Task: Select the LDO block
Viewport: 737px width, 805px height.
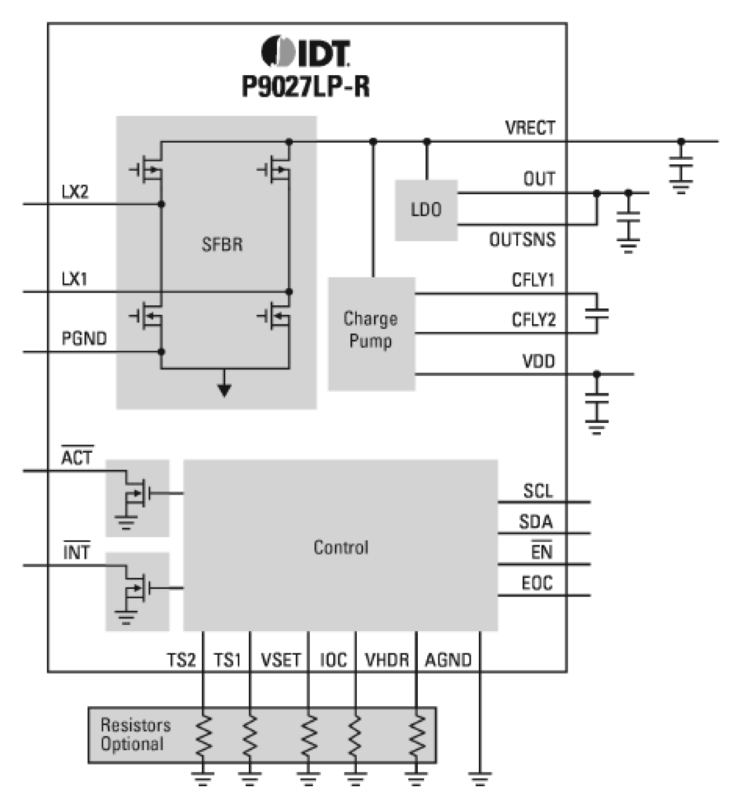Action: tap(426, 210)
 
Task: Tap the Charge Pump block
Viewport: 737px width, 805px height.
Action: tap(371, 331)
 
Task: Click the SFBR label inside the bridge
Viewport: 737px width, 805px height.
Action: tap(222, 244)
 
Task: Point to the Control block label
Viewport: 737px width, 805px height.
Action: tap(341, 547)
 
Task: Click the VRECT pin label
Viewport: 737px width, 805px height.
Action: tap(529, 127)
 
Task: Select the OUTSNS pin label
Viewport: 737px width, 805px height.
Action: tap(522, 240)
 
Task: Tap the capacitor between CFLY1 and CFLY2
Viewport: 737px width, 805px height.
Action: tap(597, 313)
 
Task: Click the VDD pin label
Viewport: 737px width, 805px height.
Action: tap(538, 361)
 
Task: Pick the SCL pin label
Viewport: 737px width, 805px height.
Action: tap(537, 491)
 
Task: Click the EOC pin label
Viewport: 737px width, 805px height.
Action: tap(537, 583)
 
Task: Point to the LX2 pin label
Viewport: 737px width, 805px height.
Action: tap(75, 192)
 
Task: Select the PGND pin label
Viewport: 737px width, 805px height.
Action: tap(84, 339)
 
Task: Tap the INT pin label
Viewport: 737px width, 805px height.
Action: tap(76, 552)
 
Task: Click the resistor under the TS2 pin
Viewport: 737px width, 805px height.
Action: tap(203, 736)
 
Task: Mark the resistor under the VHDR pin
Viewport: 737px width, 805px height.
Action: tap(417, 736)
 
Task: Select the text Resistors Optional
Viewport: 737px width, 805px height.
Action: tap(135, 735)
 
